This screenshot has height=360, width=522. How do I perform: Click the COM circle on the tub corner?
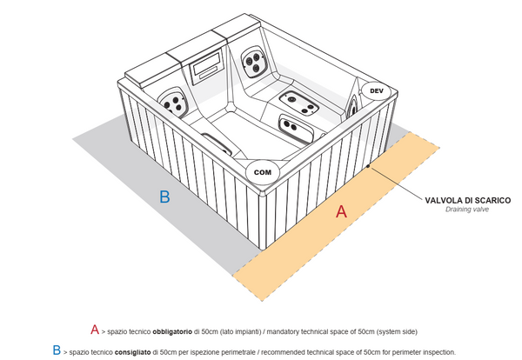(x=262, y=172)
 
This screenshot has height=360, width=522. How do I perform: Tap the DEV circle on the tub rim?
(x=376, y=90)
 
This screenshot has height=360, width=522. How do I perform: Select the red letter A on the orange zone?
(x=342, y=210)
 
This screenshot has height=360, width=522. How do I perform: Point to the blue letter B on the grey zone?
(x=164, y=197)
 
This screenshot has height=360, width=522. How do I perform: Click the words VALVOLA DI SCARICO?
(x=467, y=200)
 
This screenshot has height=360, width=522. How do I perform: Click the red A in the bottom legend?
(x=95, y=330)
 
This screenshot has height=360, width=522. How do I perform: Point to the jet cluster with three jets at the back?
(x=254, y=60)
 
